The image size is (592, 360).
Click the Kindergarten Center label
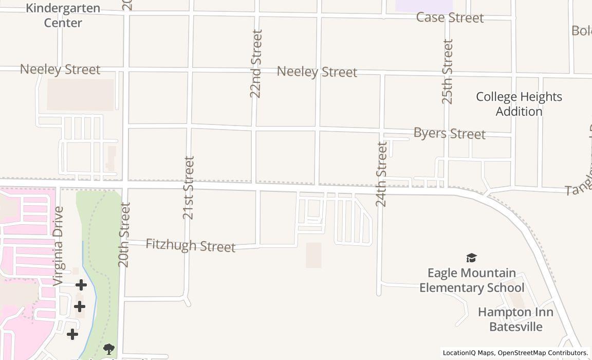pyautogui.click(x=63, y=15)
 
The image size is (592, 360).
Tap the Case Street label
pyautogui.click(x=450, y=17)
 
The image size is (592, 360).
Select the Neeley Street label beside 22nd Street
pyautogui.click(x=317, y=72)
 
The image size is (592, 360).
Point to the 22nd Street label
pyautogui.click(x=256, y=63)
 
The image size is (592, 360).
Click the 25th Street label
pyautogui.click(x=448, y=71)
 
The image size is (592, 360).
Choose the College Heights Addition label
pyautogui.click(x=519, y=104)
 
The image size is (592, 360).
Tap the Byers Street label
pyautogui.click(x=449, y=133)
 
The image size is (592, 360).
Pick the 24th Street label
pyautogui.click(x=381, y=174)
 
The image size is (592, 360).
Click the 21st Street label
pyautogui.click(x=189, y=188)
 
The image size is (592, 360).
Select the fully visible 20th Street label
pyautogui.click(x=124, y=235)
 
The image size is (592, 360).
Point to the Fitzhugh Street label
pyautogui.click(x=190, y=245)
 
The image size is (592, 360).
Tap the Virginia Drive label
pyautogui.click(x=58, y=246)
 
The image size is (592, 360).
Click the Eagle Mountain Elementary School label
pyautogui.click(x=472, y=280)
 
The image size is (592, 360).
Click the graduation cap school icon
pyautogui.click(x=471, y=258)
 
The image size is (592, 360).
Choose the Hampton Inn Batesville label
pyautogui.click(x=515, y=319)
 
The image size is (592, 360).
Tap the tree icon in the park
pyautogui.click(x=108, y=349)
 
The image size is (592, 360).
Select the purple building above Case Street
pyautogui.click(x=424, y=5)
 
